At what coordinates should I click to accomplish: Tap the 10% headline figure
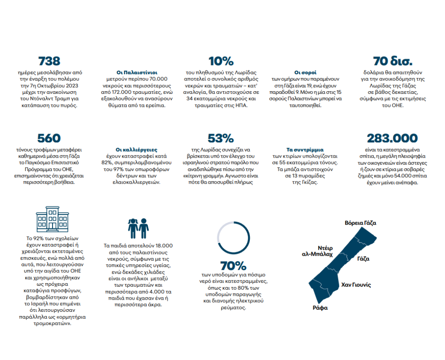pyautogui.click(x=221, y=61)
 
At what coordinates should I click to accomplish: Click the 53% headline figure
pyautogui.click(x=221, y=139)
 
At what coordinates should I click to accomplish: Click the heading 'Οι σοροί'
pyautogui.click(x=306, y=72)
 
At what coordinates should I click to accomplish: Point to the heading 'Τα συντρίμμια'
pyautogui.click(x=305, y=149)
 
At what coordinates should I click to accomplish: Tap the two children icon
pyautogui.click(x=138, y=227)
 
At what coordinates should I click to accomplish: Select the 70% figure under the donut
pyautogui.click(x=233, y=266)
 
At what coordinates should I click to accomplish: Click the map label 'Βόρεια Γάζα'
pyautogui.click(x=360, y=223)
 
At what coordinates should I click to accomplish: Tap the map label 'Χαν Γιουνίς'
pyautogui.click(x=355, y=285)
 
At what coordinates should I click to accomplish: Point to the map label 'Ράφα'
pyautogui.click(x=320, y=308)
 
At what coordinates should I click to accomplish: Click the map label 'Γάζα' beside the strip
pyautogui.click(x=363, y=259)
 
